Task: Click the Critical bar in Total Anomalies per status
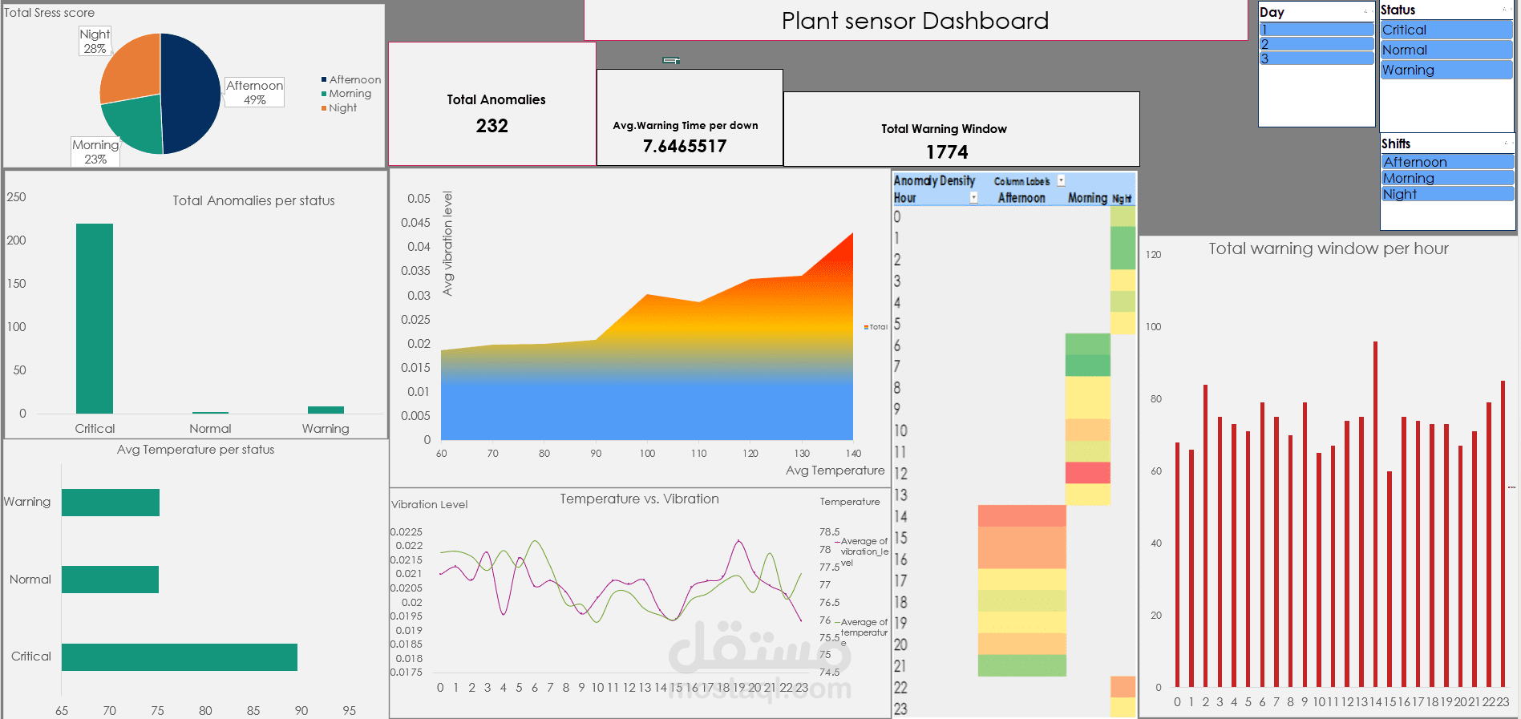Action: [x=95, y=318]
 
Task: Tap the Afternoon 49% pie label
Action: [x=254, y=92]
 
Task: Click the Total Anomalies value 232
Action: [x=491, y=126]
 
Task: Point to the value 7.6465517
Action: [x=685, y=146]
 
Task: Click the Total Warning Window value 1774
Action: [x=947, y=152]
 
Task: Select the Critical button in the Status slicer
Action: [x=1446, y=30]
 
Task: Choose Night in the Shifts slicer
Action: [x=1447, y=194]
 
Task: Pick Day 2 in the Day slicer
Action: [x=1316, y=44]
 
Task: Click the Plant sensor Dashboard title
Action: [x=915, y=21]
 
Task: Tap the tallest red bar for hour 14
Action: [x=1375, y=513]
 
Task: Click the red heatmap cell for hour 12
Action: [x=1087, y=473]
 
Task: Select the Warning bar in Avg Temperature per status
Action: [x=111, y=503]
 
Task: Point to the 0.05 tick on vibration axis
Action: [x=419, y=199]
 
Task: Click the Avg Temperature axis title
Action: [x=835, y=471]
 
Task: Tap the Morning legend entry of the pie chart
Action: [x=350, y=94]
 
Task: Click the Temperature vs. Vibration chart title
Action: [x=639, y=499]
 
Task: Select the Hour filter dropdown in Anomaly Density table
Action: [x=973, y=198]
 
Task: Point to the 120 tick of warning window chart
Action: [x=1153, y=255]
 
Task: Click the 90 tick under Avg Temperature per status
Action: [x=301, y=710]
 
